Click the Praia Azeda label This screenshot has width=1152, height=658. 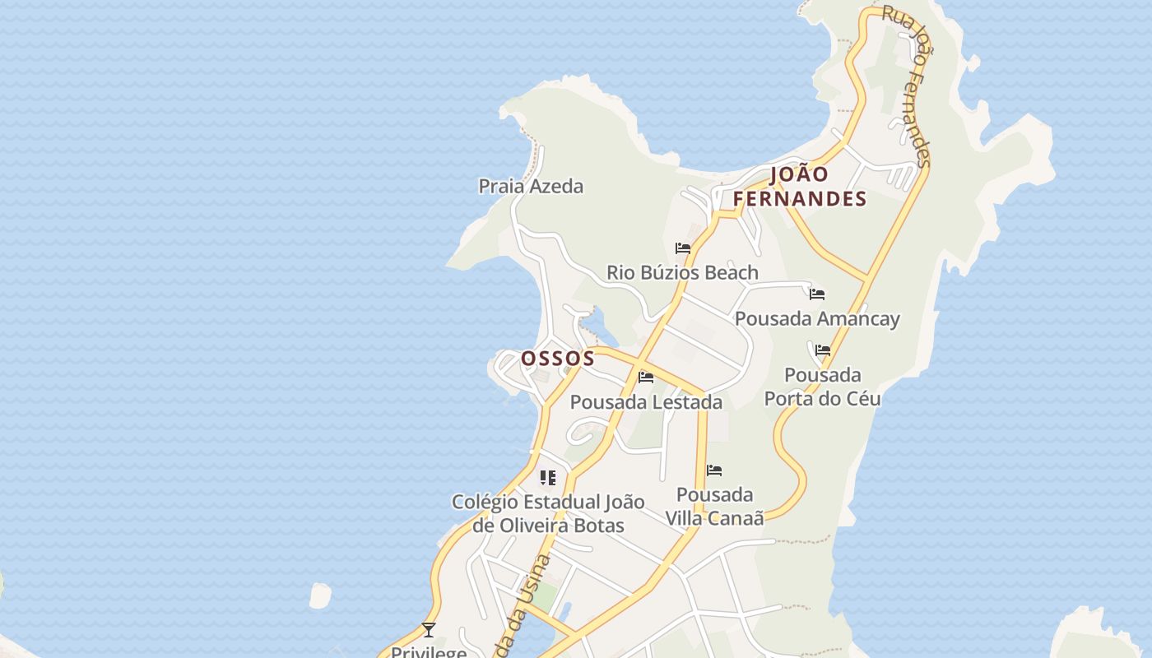(x=531, y=187)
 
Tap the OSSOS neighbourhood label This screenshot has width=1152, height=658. (x=557, y=359)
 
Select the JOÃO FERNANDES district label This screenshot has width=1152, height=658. (x=799, y=187)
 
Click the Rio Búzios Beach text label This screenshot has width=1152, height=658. (x=682, y=272)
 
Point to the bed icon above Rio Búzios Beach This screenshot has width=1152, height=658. (x=682, y=248)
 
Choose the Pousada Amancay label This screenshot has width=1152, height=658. (x=817, y=318)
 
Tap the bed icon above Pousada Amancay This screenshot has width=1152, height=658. (x=816, y=294)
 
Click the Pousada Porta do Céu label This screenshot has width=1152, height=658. (x=822, y=387)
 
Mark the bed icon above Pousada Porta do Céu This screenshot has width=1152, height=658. (x=822, y=350)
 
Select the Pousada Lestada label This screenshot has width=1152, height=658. (x=646, y=402)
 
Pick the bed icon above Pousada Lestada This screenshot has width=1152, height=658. (x=646, y=378)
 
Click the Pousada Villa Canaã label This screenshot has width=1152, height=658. (x=714, y=506)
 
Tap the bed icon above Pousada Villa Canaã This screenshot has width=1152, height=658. (x=714, y=470)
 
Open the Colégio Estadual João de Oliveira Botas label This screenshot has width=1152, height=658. (x=548, y=513)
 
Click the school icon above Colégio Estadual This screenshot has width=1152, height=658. (x=548, y=478)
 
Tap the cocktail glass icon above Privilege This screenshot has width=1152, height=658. (x=428, y=630)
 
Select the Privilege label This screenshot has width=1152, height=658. (x=428, y=651)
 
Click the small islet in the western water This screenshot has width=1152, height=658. (x=319, y=595)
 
